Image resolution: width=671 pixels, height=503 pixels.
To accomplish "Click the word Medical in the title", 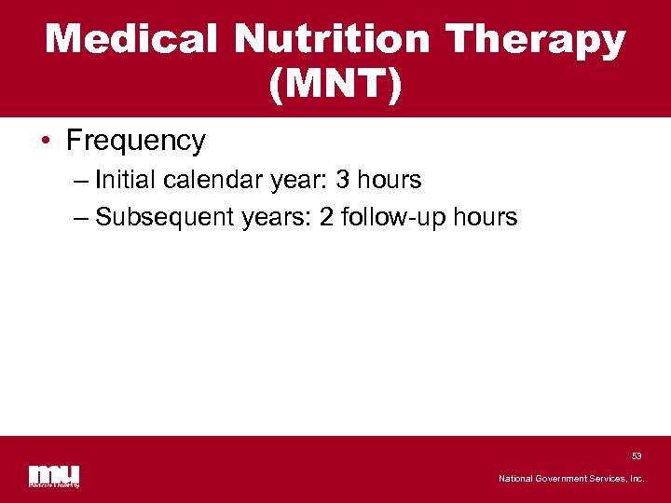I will [132, 40].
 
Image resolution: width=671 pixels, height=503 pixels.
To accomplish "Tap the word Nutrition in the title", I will [333, 40].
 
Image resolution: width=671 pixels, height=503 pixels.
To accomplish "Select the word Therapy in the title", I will [535, 40].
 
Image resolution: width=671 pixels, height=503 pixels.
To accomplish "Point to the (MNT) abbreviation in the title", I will [335, 85].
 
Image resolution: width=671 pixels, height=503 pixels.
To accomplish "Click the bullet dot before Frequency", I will [47, 142].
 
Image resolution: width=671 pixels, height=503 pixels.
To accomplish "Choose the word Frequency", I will [136, 141].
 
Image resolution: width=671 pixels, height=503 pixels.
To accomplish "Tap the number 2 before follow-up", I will [327, 217].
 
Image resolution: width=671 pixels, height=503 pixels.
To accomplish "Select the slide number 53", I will [637, 455].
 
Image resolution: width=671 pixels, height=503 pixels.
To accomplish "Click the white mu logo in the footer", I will [53, 474].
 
